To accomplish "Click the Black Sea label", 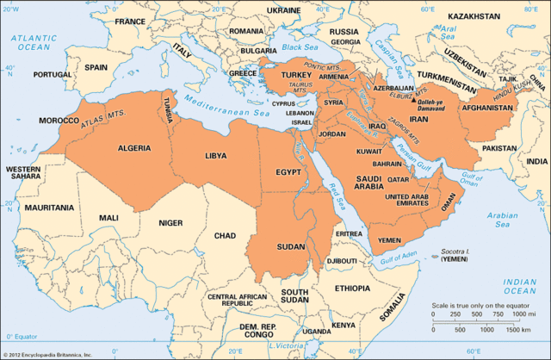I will click(297, 49).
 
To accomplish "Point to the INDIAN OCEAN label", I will click(520, 287).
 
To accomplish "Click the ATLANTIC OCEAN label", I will click(33, 42).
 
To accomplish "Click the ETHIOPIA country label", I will click(352, 288).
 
